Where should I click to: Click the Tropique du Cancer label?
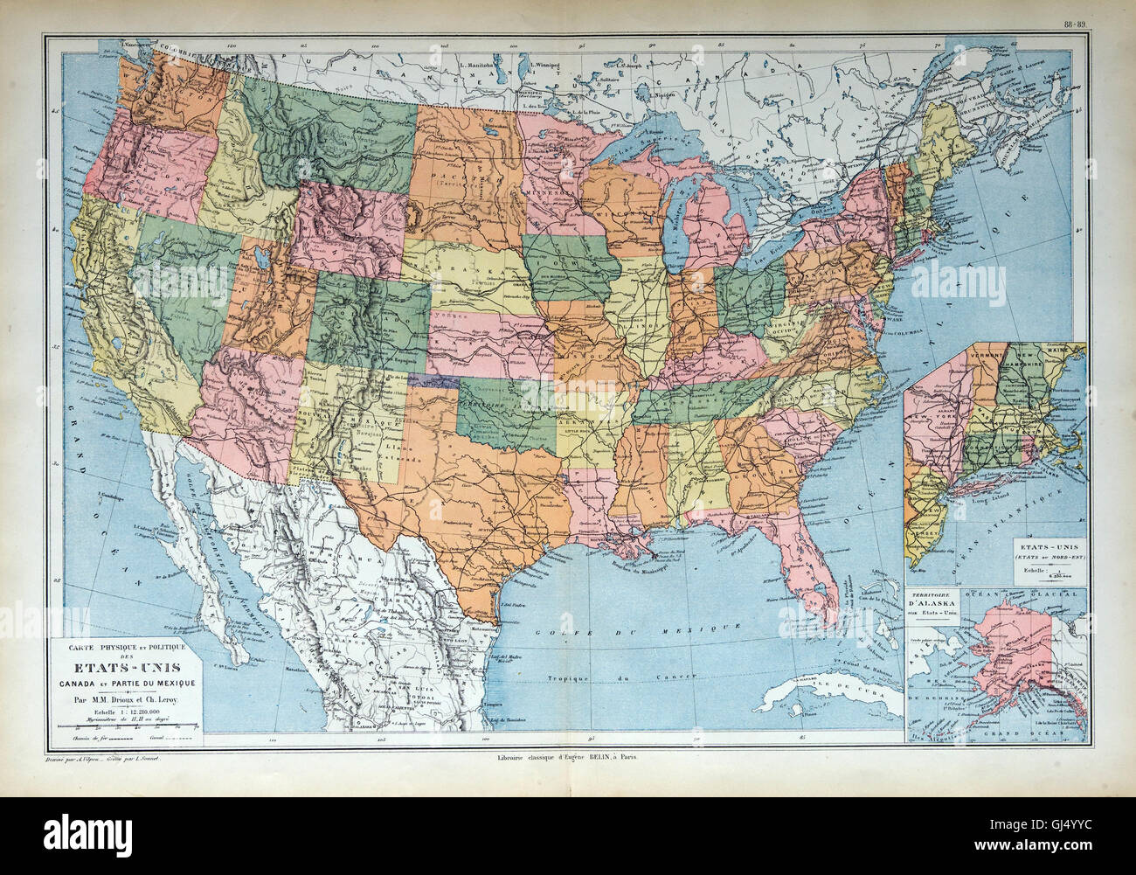pyautogui.click(x=612, y=678)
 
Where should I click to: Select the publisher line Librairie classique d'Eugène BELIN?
pyautogui.click(x=566, y=757)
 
